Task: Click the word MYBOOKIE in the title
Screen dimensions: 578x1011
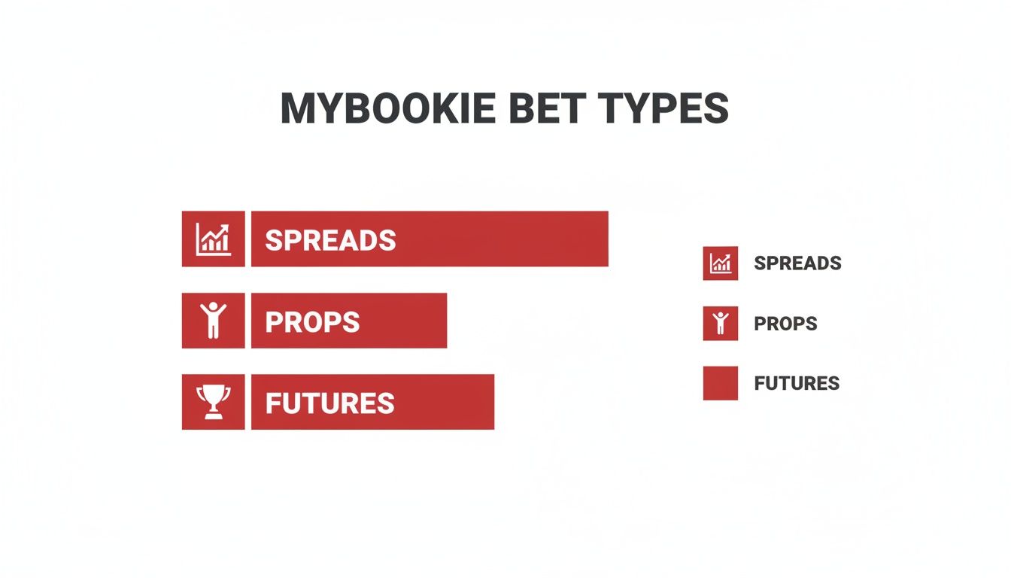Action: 387,110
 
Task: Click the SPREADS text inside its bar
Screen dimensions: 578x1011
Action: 330,240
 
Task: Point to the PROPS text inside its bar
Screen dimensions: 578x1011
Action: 312,322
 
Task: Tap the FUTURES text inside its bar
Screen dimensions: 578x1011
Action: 329,403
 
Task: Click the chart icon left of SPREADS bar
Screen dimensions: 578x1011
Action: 213,239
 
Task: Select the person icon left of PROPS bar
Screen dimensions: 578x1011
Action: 213,321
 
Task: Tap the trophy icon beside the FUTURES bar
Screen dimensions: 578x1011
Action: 213,402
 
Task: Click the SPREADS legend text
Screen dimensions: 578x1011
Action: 797,263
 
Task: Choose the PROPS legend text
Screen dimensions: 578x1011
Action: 785,324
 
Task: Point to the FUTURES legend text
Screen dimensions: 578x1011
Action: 797,383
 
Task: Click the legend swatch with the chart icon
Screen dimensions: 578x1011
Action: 721,263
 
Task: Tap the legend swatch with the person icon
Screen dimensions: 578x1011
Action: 721,323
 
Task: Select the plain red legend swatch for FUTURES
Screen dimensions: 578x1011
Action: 721,383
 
